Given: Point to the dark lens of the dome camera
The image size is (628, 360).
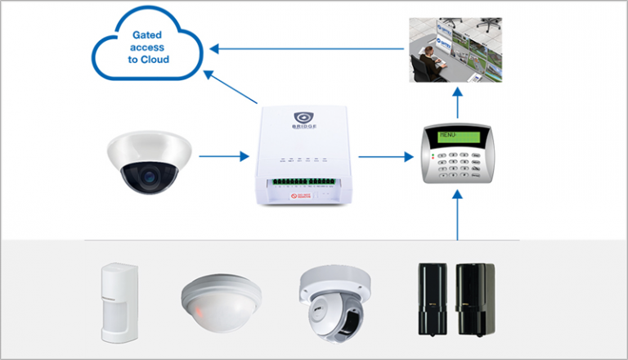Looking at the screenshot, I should pos(148,174).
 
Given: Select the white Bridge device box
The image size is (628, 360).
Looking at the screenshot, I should pos(299,155).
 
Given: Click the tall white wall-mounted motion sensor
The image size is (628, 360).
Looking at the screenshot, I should pos(118,301).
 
